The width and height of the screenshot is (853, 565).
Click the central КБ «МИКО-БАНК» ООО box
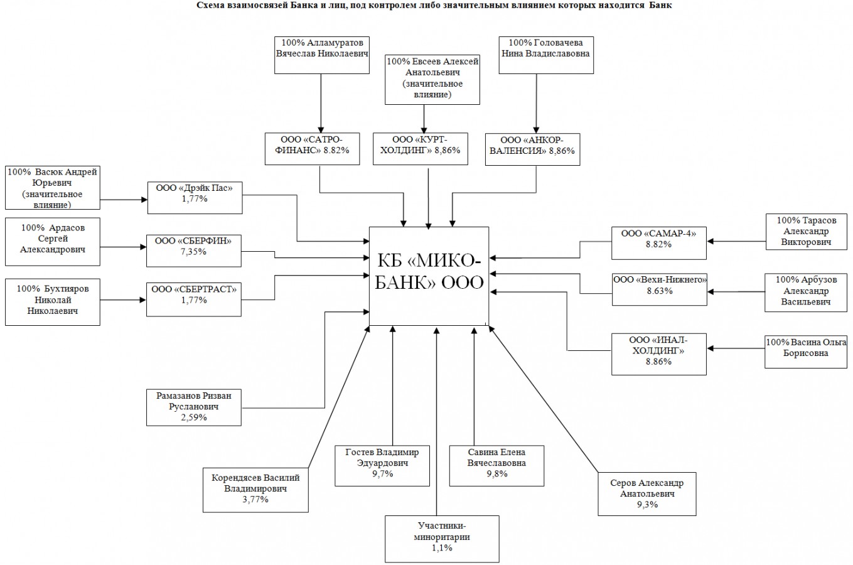pos(429,276)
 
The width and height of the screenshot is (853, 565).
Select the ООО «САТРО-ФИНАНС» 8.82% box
pos(313,148)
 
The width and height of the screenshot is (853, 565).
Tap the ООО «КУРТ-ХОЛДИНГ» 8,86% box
pos(420,148)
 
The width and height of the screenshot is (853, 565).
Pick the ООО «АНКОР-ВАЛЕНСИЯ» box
pos(532,148)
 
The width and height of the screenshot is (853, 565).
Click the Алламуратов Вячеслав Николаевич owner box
pos(322,55)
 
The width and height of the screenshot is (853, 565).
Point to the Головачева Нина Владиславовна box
pos(545,55)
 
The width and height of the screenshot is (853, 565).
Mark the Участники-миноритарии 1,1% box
pos(442,539)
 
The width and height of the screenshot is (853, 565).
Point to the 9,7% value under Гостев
pos(382,474)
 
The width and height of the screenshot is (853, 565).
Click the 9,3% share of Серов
pos(647,505)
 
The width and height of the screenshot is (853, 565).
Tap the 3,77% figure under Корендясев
pos(255,500)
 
